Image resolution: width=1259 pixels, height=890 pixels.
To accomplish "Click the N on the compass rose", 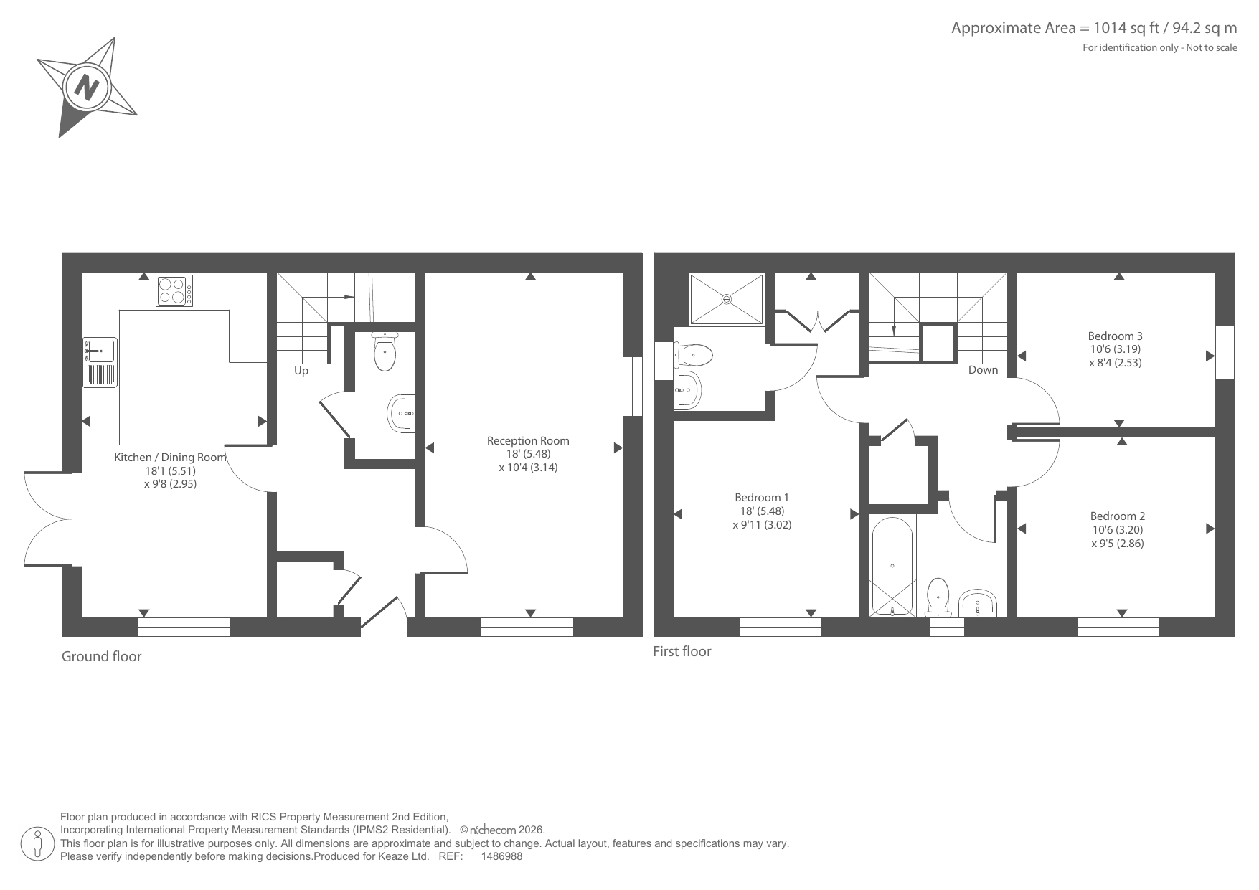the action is (88, 87).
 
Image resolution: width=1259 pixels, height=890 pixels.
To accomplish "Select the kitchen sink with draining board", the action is (100, 362).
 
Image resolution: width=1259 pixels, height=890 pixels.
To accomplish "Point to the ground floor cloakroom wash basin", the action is (402, 414).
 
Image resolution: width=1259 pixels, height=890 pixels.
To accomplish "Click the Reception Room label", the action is (528, 441).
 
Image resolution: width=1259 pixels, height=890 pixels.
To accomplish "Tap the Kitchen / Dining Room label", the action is (171, 458).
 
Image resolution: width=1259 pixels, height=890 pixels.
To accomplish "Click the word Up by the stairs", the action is (301, 371).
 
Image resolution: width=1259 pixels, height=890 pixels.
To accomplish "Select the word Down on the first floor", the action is (983, 370).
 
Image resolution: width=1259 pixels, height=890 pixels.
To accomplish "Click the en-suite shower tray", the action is (727, 299).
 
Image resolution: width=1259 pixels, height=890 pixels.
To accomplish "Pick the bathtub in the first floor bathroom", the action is (892, 567).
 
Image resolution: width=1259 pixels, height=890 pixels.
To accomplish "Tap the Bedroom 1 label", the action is (762, 498).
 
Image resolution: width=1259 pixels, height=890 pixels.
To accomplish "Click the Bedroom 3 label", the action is (1116, 336).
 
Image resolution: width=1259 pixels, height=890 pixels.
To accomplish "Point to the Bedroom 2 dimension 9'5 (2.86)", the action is (1118, 544).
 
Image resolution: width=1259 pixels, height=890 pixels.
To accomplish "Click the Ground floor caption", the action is (102, 657).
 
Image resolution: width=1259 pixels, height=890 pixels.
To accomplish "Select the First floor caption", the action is (682, 652).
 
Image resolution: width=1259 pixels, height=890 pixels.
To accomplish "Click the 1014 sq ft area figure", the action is (1123, 28).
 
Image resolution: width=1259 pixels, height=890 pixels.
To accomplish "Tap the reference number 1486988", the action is (501, 856).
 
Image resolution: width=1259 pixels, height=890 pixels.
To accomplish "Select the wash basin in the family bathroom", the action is (978, 603).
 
